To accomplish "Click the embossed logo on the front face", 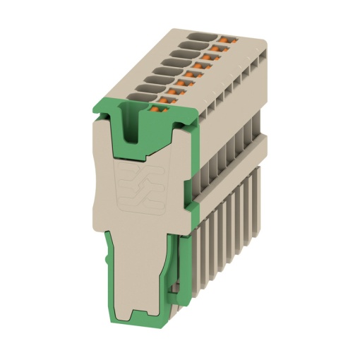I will coord(138,188).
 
